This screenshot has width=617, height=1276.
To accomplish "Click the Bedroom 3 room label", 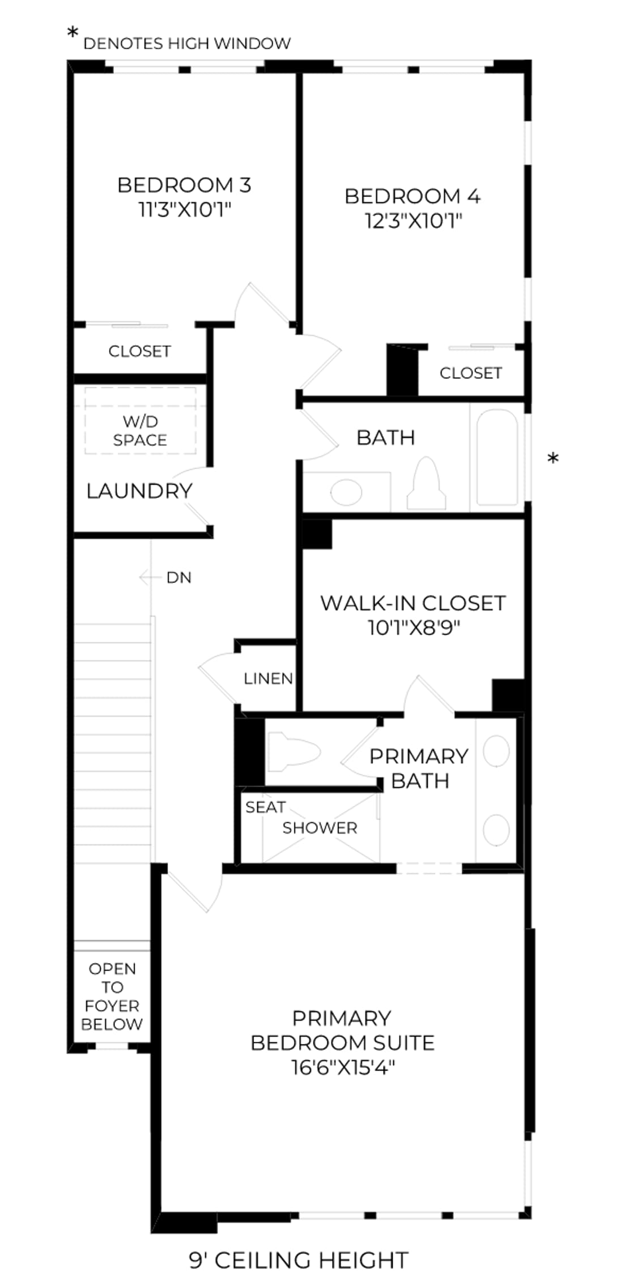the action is point(184,185).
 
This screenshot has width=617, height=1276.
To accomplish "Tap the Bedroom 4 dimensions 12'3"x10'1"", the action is point(413,221).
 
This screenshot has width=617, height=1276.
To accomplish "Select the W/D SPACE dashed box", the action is point(141,420).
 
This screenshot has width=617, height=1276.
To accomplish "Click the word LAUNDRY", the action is point(139,491).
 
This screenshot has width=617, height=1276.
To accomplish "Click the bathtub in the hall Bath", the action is point(497,457).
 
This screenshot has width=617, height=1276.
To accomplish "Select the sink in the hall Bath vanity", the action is point(346,492).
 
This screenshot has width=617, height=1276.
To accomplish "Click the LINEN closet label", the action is point(268,679).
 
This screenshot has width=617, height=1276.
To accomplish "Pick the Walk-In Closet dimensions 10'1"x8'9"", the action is point(413,628).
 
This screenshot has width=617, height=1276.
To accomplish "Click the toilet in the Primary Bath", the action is point(293,752).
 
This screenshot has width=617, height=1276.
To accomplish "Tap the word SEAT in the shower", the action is point(265,807).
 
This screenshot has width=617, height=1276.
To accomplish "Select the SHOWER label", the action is point(320,828).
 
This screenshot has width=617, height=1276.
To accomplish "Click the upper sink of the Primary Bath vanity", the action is point(496,751).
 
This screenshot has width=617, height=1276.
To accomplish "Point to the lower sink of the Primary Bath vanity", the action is point(496,830).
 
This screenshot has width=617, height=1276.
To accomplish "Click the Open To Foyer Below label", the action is point(112,996).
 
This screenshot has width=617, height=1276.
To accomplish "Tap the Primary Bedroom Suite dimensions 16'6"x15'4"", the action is point(342,1067).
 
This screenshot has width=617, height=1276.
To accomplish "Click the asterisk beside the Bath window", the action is point(553,458).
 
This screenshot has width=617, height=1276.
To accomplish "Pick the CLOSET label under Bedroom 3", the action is point(139,352).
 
